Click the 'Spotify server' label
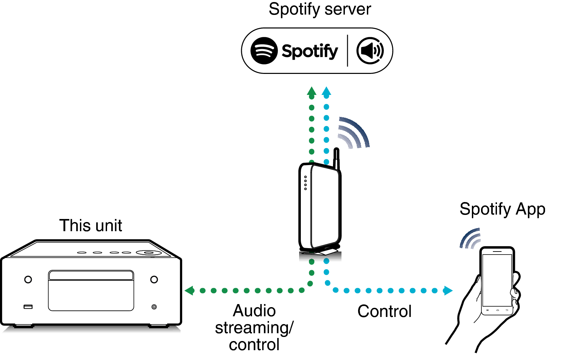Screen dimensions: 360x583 (x=319, y=9)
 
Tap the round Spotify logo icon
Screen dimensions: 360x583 (x=264, y=51)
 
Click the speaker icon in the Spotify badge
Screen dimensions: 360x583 (x=370, y=51)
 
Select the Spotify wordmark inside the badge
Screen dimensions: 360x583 (x=310, y=51)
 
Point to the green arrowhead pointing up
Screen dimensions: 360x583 (x=311, y=92)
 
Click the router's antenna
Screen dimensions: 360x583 (x=336, y=158)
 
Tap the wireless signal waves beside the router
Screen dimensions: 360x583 (x=354, y=133)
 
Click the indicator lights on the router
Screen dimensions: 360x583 (x=306, y=183)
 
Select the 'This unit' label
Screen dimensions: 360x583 (x=90, y=225)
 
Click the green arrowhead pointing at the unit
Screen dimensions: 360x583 (x=189, y=291)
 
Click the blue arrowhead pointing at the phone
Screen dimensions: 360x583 (x=448, y=291)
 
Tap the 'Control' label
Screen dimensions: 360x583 (x=384, y=311)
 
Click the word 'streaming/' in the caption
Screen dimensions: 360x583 (x=254, y=328)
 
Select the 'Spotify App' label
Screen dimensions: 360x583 (x=502, y=209)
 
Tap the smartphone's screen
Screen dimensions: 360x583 (x=497, y=280)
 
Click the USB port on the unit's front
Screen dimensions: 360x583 (x=28, y=307)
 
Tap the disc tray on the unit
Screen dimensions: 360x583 (x=91, y=291)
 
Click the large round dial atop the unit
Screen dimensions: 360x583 (x=148, y=253)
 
